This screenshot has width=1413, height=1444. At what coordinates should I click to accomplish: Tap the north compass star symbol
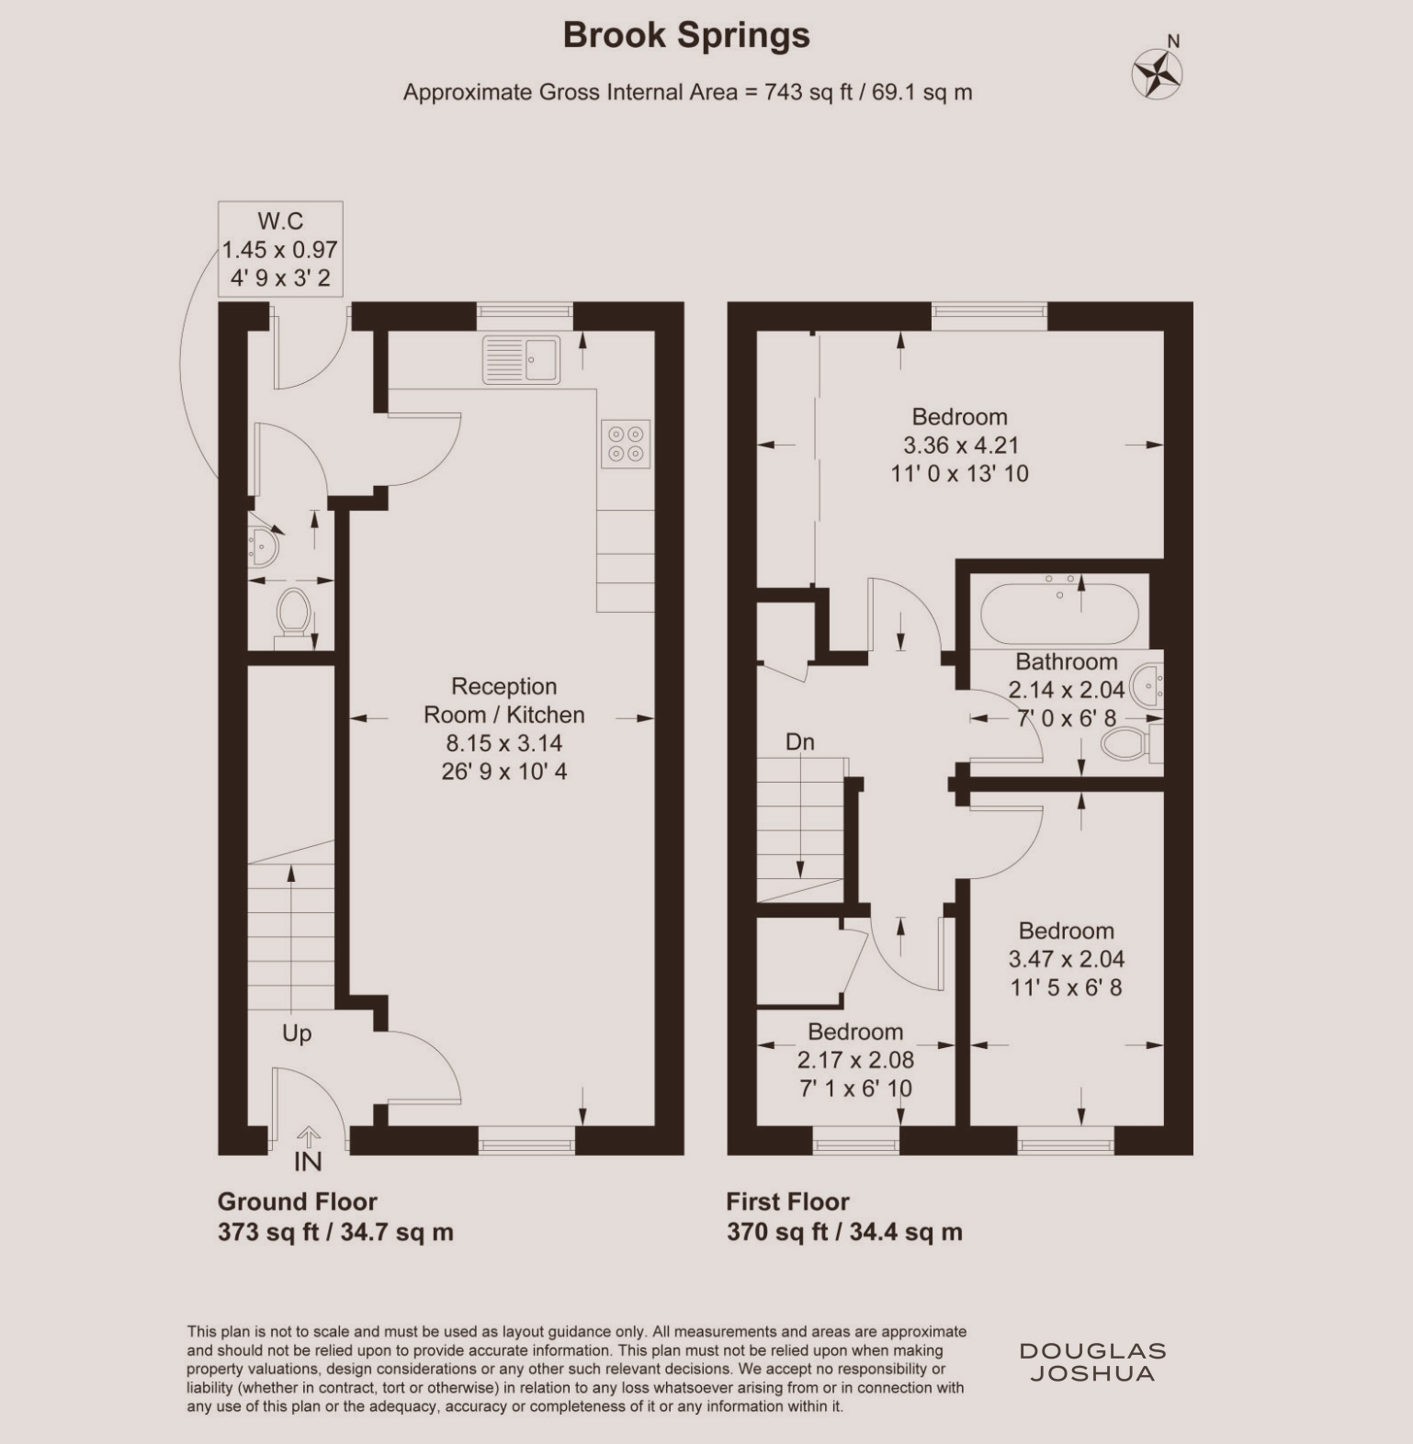pyautogui.click(x=1157, y=73)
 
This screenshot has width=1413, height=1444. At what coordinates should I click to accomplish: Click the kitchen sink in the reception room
pyautogui.click(x=521, y=359)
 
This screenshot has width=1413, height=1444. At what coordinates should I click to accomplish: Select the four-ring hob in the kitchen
pyautogui.click(x=626, y=444)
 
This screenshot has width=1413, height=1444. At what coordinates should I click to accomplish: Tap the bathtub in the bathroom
pyautogui.click(x=1059, y=611)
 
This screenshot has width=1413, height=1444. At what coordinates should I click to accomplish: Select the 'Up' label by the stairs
pyautogui.click(x=297, y=1034)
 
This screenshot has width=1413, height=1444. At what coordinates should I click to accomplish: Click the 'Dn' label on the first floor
pyautogui.click(x=799, y=742)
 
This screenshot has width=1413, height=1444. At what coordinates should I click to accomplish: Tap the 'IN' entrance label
pyautogui.click(x=308, y=1162)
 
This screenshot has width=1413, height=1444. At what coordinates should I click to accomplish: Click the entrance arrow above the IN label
pyautogui.click(x=309, y=1137)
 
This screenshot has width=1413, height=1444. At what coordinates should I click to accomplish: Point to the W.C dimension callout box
pyautogui.click(x=280, y=249)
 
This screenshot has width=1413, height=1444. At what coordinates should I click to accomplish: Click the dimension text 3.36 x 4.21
pyautogui.click(x=961, y=446)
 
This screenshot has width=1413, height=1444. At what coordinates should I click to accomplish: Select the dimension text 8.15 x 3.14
pyautogui.click(x=504, y=743)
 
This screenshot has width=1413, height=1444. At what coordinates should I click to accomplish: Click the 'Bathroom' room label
pyautogui.click(x=1067, y=662)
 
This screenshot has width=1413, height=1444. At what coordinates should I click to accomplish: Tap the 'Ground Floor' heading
pyautogui.click(x=297, y=1201)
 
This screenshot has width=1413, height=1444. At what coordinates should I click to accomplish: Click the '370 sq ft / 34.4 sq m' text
pyautogui.click(x=844, y=1232)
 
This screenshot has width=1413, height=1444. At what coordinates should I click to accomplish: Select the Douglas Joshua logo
pyautogui.click(x=1092, y=1362)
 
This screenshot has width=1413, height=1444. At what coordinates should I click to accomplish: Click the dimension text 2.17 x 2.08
pyautogui.click(x=855, y=1061)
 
